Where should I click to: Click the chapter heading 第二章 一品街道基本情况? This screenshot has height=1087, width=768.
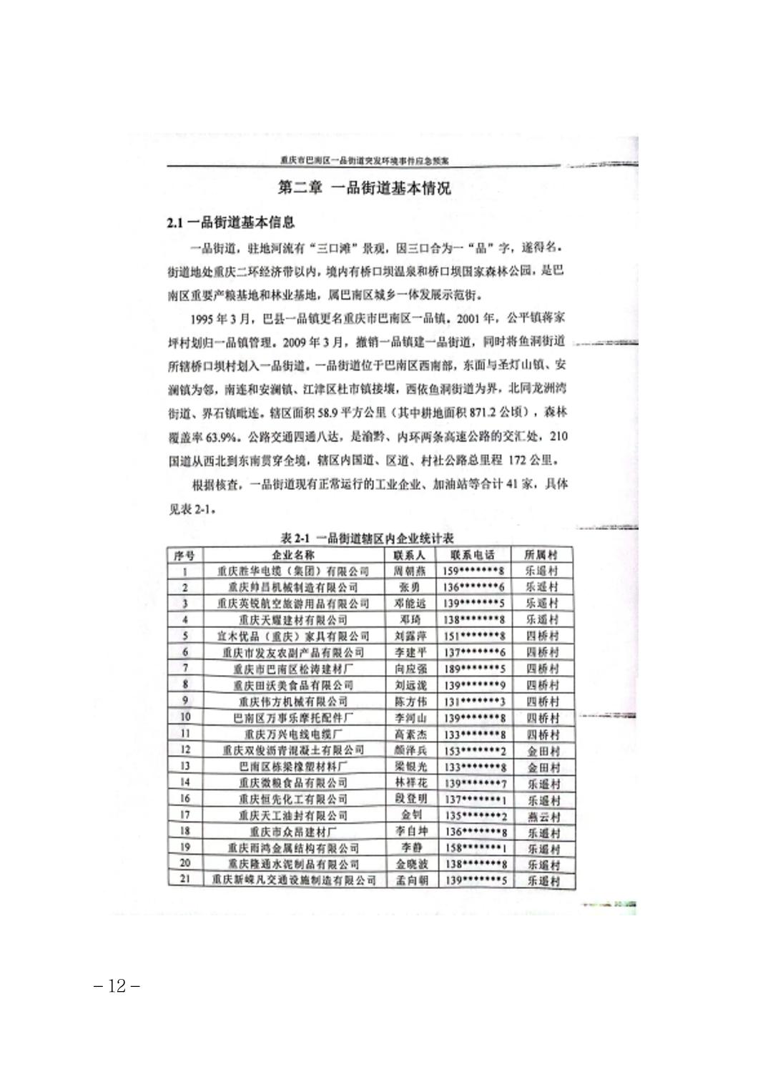365,189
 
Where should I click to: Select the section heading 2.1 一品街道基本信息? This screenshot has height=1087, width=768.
230,223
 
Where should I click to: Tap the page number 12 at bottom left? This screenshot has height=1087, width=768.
116,986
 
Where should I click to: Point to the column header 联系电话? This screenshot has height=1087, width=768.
472,555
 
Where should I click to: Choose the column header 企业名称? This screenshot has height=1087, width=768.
292,555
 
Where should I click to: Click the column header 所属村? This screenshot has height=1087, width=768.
541,555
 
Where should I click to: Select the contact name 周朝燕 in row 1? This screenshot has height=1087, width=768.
410,571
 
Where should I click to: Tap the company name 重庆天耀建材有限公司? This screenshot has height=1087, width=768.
292,620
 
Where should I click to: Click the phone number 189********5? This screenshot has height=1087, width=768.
474,669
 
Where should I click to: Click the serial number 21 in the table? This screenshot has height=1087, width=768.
185,879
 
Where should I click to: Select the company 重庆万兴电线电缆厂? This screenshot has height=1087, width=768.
293,734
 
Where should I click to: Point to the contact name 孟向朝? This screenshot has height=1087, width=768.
412,881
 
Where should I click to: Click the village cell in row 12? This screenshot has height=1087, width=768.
543,752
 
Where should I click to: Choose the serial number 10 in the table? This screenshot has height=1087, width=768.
185,717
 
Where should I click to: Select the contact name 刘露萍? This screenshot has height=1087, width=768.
410,636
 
